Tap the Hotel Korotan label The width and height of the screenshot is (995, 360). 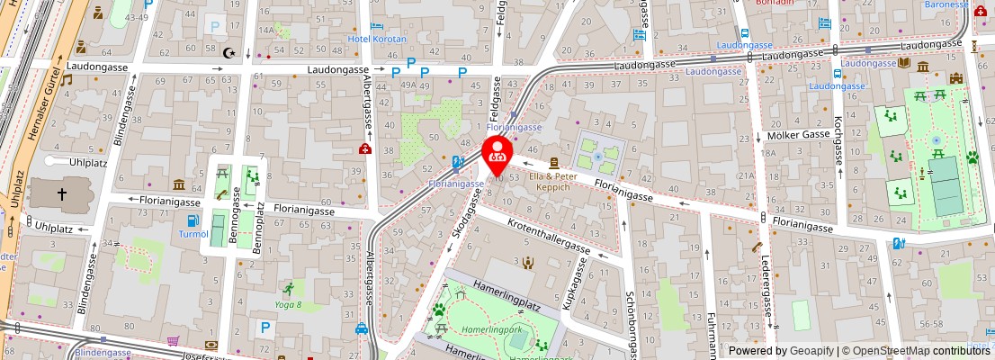click(377, 40)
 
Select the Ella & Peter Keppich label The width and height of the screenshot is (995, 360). click(552, 181)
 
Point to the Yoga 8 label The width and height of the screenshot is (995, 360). click(288, 305)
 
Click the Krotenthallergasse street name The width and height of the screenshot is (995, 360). click(548, 236)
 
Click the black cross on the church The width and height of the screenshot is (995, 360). click(62, 193)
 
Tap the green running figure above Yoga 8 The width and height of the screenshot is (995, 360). click(288, 289)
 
